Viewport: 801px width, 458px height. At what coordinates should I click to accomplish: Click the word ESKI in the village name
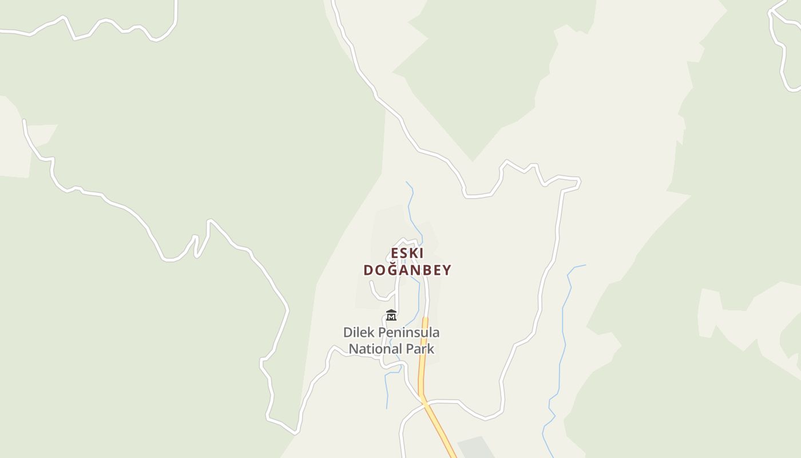click(x=407, y=253)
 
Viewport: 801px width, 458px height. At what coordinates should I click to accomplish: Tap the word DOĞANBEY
click(x=407, y=270)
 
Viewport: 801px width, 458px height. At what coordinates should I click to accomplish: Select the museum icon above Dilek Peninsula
click(x=391, y=315)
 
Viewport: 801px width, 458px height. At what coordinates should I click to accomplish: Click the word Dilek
click(x=359, y=332)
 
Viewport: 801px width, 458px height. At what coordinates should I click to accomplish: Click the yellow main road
click(x=422, y=366)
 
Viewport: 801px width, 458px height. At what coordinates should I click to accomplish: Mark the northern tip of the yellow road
click(x=425, y=319)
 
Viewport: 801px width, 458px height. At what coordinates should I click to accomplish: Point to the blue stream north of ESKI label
click(x=411, y=206)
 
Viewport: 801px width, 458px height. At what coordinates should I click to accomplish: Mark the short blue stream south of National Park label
click(x=387, y=389)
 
